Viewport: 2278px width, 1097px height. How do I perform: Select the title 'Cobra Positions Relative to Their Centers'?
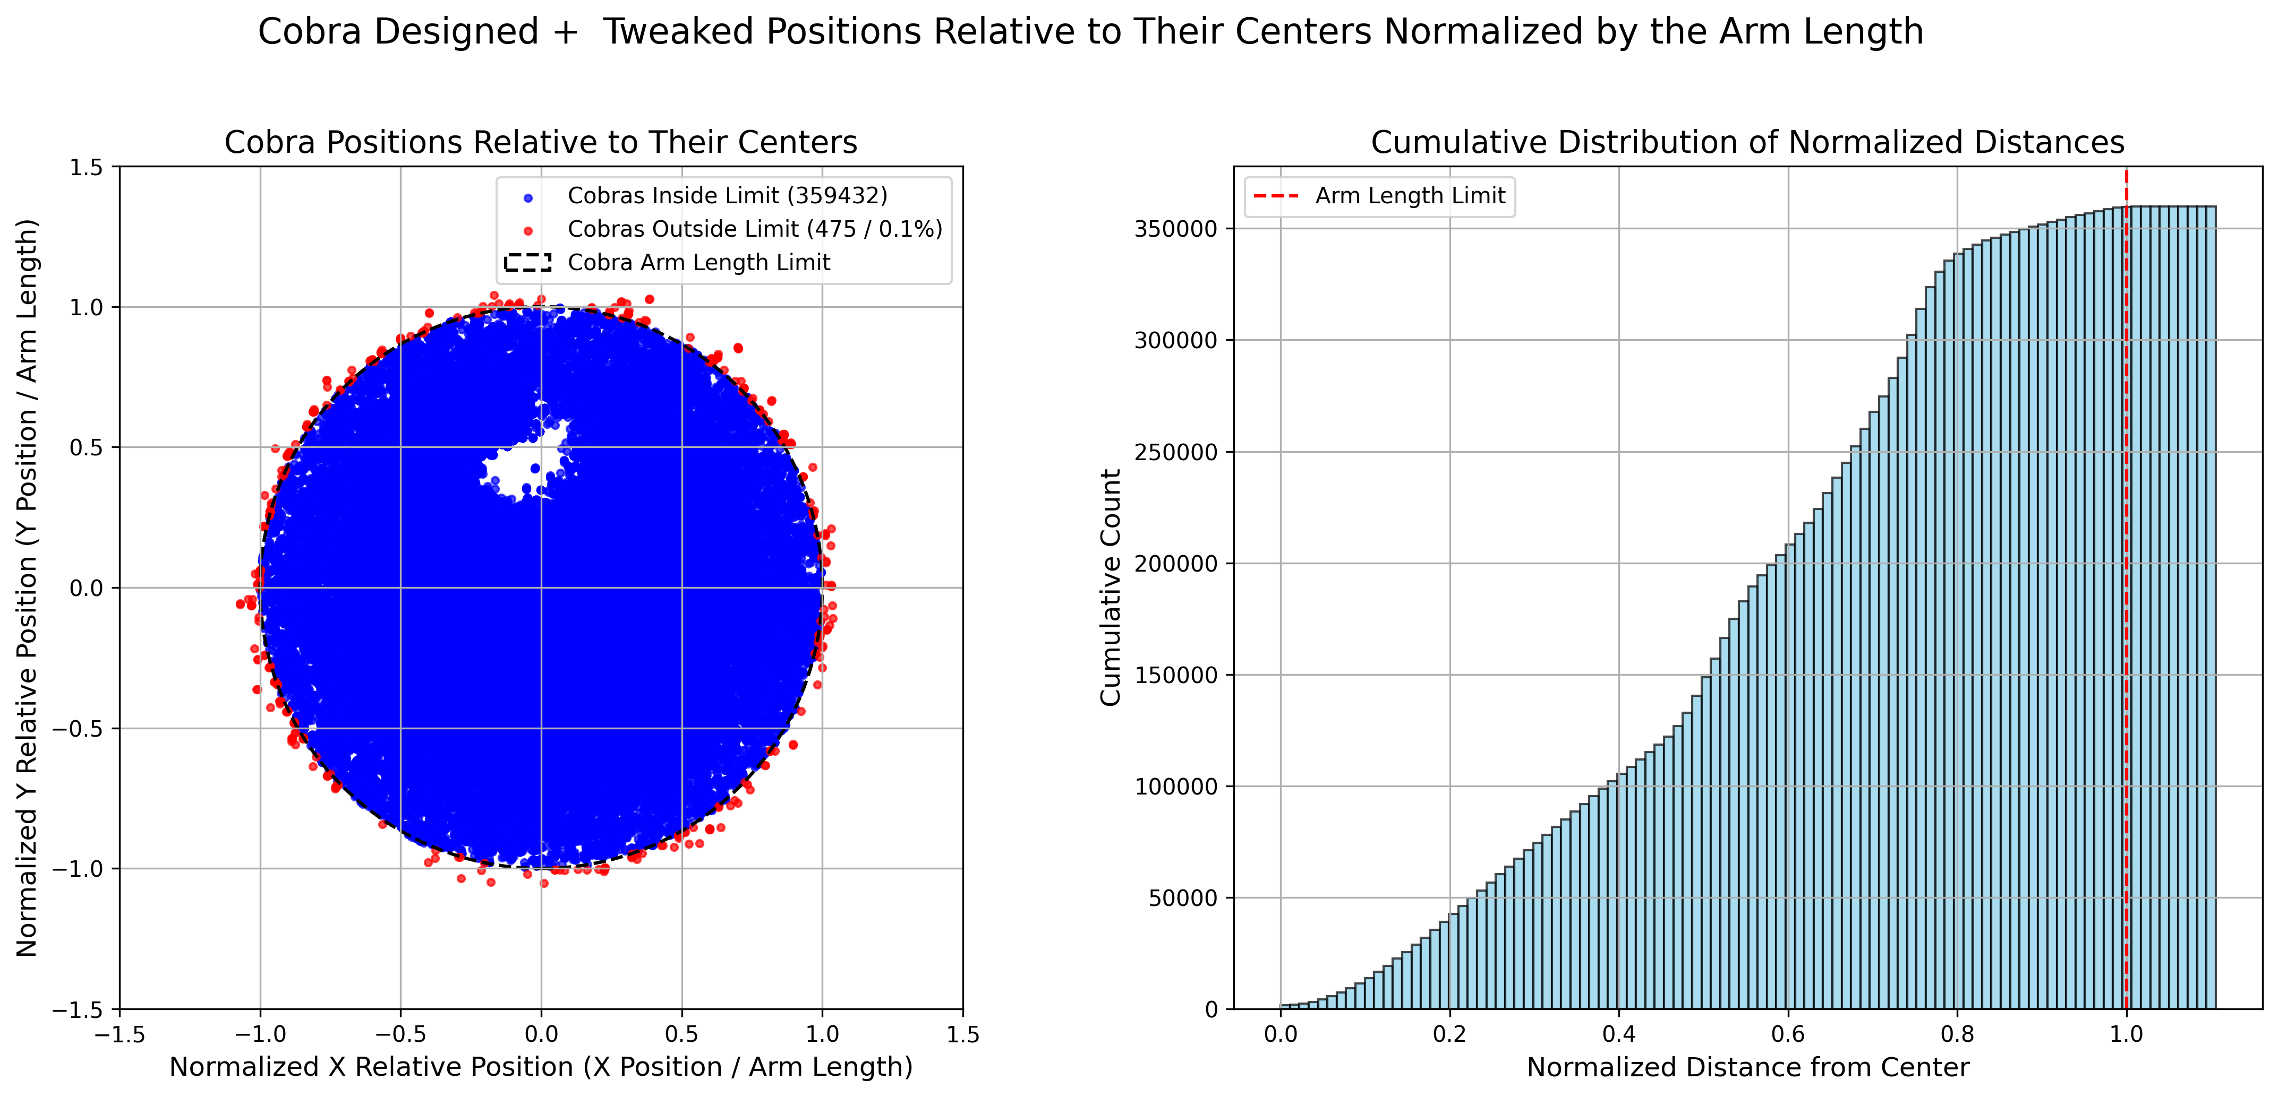coord(540,142)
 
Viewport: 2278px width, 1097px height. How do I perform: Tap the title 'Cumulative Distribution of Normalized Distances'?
coord(1747,142)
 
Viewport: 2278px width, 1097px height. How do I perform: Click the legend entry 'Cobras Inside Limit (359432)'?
coord(727,195)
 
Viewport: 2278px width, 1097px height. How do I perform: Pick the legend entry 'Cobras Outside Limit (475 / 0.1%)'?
coord(754,229)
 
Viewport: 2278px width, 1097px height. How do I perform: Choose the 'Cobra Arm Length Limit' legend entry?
coord(698,263)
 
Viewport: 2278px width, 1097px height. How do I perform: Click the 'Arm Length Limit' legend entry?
coord(1410,195)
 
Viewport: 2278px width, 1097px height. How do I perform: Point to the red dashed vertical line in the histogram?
coord(2127,619)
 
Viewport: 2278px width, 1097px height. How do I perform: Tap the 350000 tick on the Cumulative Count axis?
coord(1175,229)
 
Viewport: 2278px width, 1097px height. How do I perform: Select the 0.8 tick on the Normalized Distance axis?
coord(1957,1034)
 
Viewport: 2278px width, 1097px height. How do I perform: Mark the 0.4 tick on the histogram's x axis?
coord(1618,1034)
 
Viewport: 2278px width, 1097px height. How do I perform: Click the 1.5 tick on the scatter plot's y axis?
coord(86,167)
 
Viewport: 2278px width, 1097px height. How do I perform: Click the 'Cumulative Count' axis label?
coord(1111,588)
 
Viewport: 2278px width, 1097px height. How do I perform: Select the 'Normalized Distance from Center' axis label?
coord(1747,1068)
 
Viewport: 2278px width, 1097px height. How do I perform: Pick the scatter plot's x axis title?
coord(540,1068)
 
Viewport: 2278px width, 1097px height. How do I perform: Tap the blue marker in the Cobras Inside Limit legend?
coord(528,196)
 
